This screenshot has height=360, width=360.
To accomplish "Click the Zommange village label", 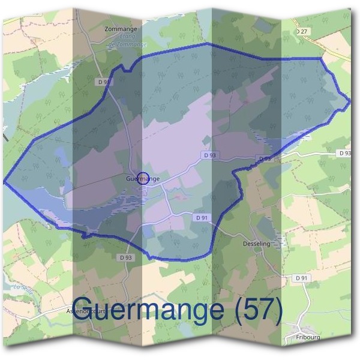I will click(x=121, y=29).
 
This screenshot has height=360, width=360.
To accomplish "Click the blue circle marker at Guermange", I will click(x=143, y=178).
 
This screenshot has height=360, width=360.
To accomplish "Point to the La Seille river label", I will click(x=22, y=287).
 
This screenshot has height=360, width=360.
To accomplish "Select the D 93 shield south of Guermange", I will click(x=125, y=257).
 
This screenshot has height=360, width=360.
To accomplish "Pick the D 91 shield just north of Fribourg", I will click(x=301, y=278).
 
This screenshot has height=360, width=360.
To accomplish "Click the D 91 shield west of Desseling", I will click(x=202, y=218).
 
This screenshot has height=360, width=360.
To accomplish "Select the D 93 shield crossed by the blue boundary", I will click(x=264, y=158).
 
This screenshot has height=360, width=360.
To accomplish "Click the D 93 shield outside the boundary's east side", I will click(x=344, y=154).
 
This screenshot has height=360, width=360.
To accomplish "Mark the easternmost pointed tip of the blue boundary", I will click(x=350, y=102).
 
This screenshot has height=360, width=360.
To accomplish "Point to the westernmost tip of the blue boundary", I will click(x=4, y=181).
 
